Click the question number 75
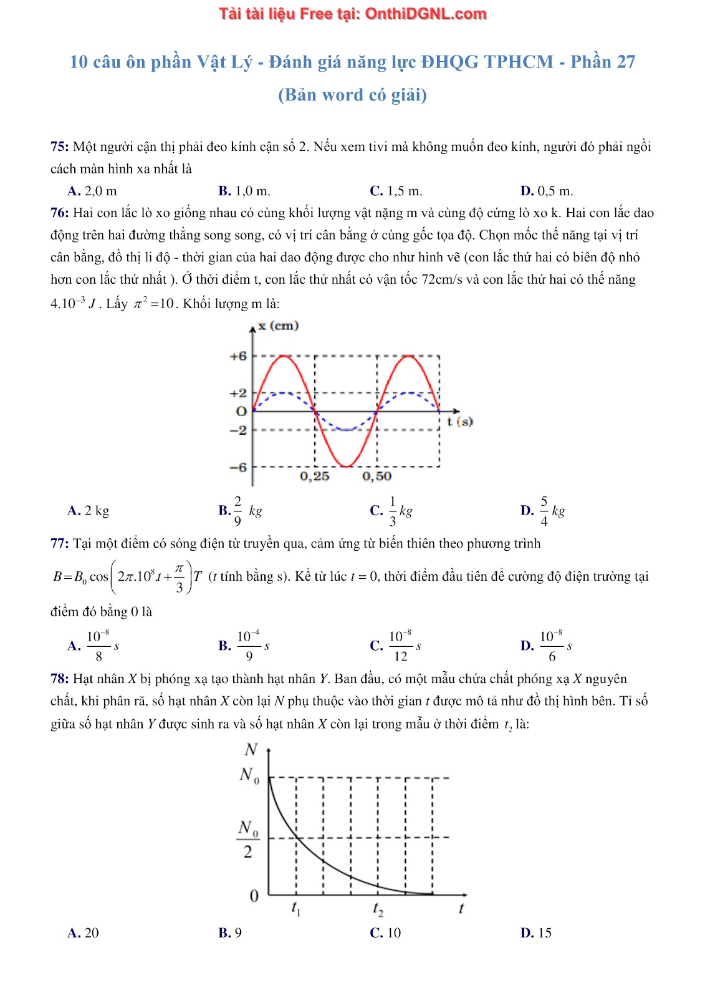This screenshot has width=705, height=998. click(x=59, y=147)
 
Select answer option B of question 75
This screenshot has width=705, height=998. click(x=244, y=191)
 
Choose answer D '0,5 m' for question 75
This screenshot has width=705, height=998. click(x=546, y=191)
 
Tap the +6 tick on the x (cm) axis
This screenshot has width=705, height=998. click(x=238, y=356)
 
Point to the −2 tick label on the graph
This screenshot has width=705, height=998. click(x=238, y=430)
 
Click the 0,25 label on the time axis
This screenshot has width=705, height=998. click(x=314, y=477)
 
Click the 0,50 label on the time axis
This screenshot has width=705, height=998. click(x=376, y=477)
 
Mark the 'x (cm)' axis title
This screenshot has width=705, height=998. click(x=279, y=326)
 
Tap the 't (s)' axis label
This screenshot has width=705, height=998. click(x=460, y=422)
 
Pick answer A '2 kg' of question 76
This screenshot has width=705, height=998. click(x=88, y=511)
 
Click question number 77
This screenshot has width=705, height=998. click(x=59, y=543)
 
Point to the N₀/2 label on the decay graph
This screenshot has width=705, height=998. click(x=248, y=839)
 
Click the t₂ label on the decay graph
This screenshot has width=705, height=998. click(x=378, y=909)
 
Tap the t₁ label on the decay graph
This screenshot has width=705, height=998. click(x=296, y=909)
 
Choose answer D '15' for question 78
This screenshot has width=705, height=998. click(x=536, y=933)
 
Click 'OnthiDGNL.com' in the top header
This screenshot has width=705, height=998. click(x=425, y=14)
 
